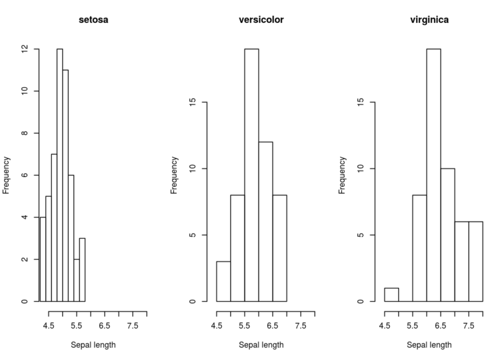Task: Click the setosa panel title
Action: [93, 20]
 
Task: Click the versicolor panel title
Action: [261, 20]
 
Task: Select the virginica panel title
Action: [429, 20]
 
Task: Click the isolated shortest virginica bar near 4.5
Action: [391, 295]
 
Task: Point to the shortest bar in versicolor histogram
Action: [223, 282]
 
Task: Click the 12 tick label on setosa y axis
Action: [24, 49]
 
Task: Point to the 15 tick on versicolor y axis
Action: [192, 102]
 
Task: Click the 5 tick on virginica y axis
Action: [360, 235]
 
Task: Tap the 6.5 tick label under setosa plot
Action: [104, 324]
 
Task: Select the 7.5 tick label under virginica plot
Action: [469, 324]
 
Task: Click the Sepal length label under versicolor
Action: [261, 345]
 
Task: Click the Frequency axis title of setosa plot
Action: [7, 175]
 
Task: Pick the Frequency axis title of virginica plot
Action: [343, 175]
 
